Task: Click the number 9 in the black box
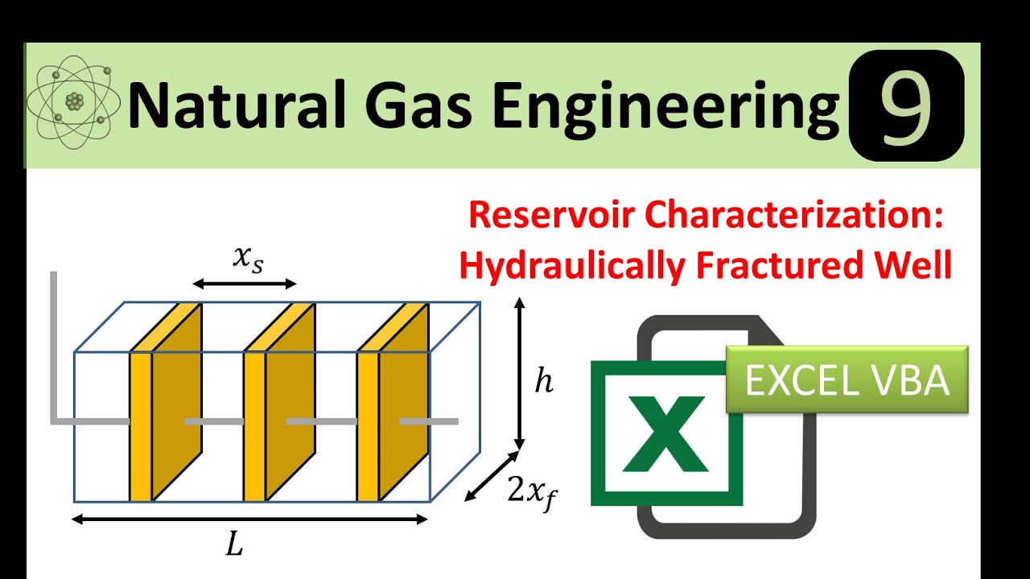tap(907, 105)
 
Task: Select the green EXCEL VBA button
tap(847, 380)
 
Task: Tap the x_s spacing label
tap(246, 258)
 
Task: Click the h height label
tap(544, 382)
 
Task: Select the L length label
tap(234, 546)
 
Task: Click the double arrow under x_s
tap(245, 283)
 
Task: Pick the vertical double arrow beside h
tap(520, 373)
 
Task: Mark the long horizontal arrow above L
tap(249, 519)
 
